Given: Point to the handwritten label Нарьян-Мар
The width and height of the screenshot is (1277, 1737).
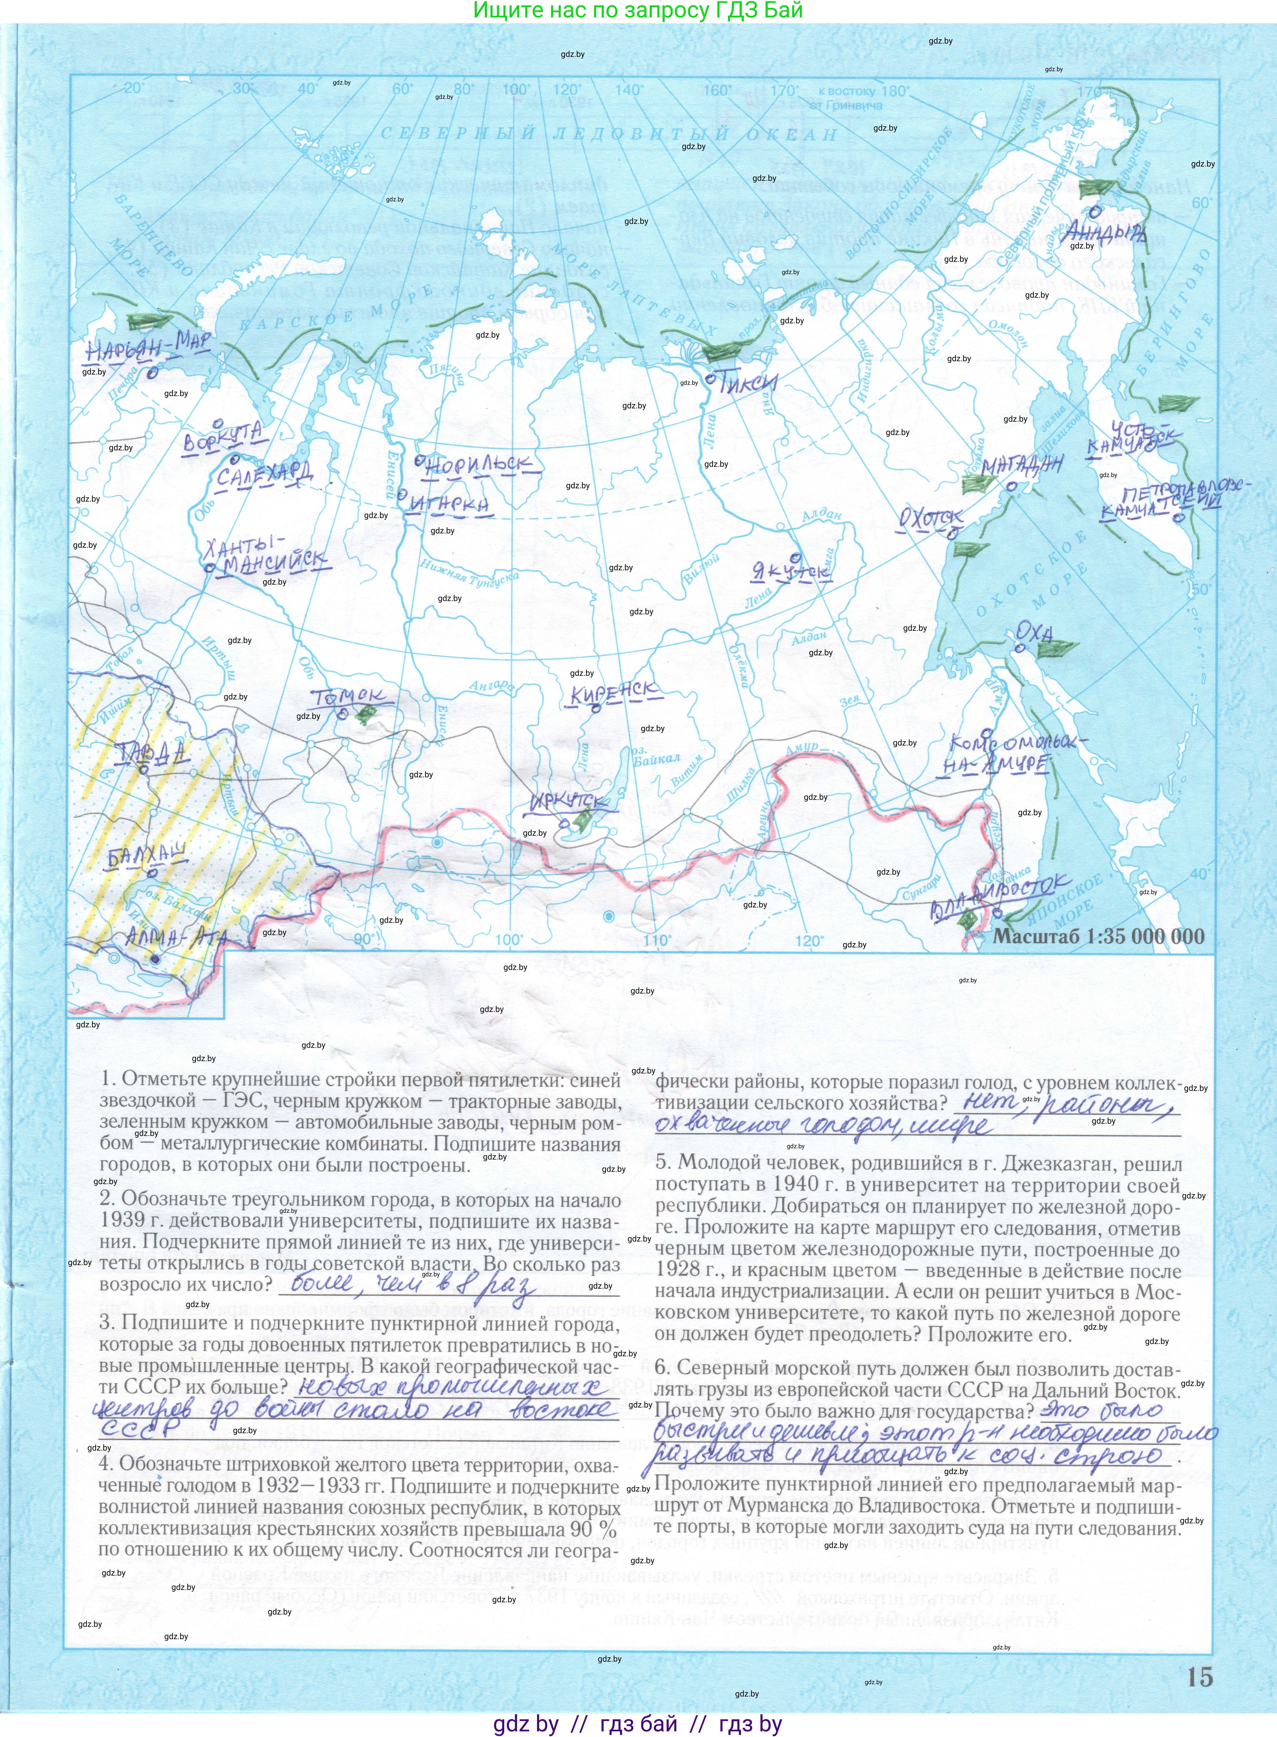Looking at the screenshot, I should click(147, 347).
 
